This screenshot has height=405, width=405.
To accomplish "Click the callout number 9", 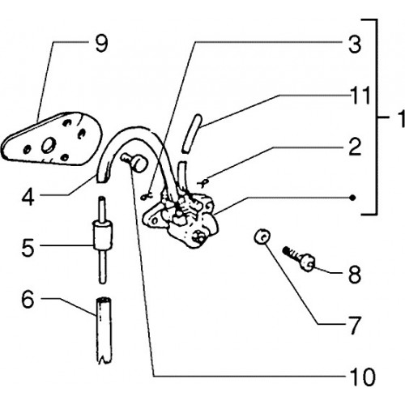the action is [x=101, y=44].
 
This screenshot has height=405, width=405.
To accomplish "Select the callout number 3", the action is [x=355, y=44].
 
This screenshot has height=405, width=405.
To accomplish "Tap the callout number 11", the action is [x=360, y=96].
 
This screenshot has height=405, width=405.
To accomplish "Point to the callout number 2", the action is [x=355, y=147].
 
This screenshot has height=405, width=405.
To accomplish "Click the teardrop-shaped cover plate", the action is [x=51, y=139].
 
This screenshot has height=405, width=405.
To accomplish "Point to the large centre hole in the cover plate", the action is [x=49, y=145].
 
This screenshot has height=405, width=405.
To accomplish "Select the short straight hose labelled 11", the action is [x=192, y=134].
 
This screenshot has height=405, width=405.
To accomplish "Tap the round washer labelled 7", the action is [x=262, y=237].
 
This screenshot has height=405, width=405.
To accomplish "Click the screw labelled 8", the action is [x=299, y=258].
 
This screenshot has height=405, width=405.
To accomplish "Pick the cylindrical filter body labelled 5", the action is [x=103, y=236].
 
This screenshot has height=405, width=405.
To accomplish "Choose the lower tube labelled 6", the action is [x=104, y=330].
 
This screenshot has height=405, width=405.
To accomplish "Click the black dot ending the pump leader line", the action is [x=352, y=198].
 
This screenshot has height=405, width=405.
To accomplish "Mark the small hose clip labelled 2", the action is [x=203, y=183].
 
